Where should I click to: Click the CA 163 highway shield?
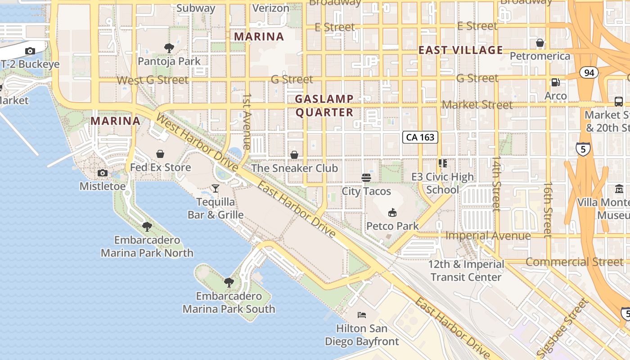coord(420,137)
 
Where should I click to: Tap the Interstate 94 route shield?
coord(589,72)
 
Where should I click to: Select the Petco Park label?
coord(392,226)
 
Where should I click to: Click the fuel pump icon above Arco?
coord(556,82)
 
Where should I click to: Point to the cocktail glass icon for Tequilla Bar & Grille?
coord(216,188)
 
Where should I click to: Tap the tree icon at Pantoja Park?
coord(169,48)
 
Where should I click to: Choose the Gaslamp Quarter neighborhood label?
coord(324,106)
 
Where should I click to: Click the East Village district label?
coord(461,50)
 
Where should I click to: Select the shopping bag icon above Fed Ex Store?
coord(160,154)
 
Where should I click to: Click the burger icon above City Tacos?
coord(366,177)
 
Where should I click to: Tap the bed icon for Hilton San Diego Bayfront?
coord(362,315)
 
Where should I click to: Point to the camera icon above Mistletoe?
coord(103,173)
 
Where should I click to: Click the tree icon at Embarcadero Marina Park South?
coord(229,283)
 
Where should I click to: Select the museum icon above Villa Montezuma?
coord(619,189)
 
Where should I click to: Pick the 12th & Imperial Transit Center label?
coord(466,270)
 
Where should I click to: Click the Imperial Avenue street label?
coord(488,236)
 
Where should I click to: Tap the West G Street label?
coord(153,80)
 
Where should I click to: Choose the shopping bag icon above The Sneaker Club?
coord(294,155)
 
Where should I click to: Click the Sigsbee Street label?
coord(563,328)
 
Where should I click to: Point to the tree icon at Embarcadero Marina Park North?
coord(147,226)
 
